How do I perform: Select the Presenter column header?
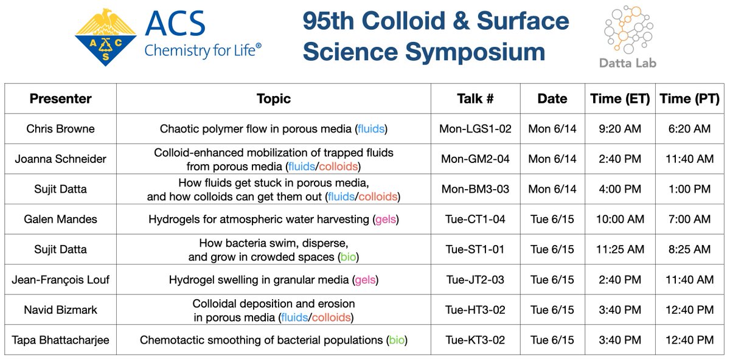(x=60, y=99)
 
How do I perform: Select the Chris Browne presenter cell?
(x=60, y=129)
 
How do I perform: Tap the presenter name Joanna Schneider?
(x=60, y=159)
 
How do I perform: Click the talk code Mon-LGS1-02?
(x=474, y=129)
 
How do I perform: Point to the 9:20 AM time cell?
(x=619, y=129)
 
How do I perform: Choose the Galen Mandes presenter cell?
(x=60, y=219)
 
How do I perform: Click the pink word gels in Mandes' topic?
(x=386, y=219)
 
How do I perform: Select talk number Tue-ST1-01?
(x=474, y=249)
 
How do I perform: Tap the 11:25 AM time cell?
(x=619, y=249)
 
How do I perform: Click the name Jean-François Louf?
(x=60, y=280)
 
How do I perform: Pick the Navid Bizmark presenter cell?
(x=60, y=310)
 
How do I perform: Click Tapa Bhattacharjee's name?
(x=60, y=340)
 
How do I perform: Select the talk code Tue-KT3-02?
(x=474, y=340)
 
